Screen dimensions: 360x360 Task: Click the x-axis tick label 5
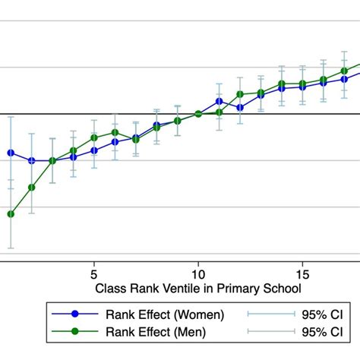(93, 273)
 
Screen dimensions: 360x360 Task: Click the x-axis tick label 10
(197, 273)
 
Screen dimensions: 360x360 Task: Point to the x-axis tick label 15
(302, 273)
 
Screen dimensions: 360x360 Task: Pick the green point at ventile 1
(11, 214)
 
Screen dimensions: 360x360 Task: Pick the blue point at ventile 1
(11, 153)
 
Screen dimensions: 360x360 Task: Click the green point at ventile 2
(32, 188)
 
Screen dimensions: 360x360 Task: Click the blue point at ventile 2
(32, 161)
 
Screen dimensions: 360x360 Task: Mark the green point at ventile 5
(94, 137)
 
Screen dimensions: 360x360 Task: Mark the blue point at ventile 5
(94, 150)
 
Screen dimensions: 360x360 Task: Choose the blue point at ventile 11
(219, 101)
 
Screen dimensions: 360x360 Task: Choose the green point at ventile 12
(239, 94)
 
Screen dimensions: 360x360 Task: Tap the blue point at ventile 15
(302, 87)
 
